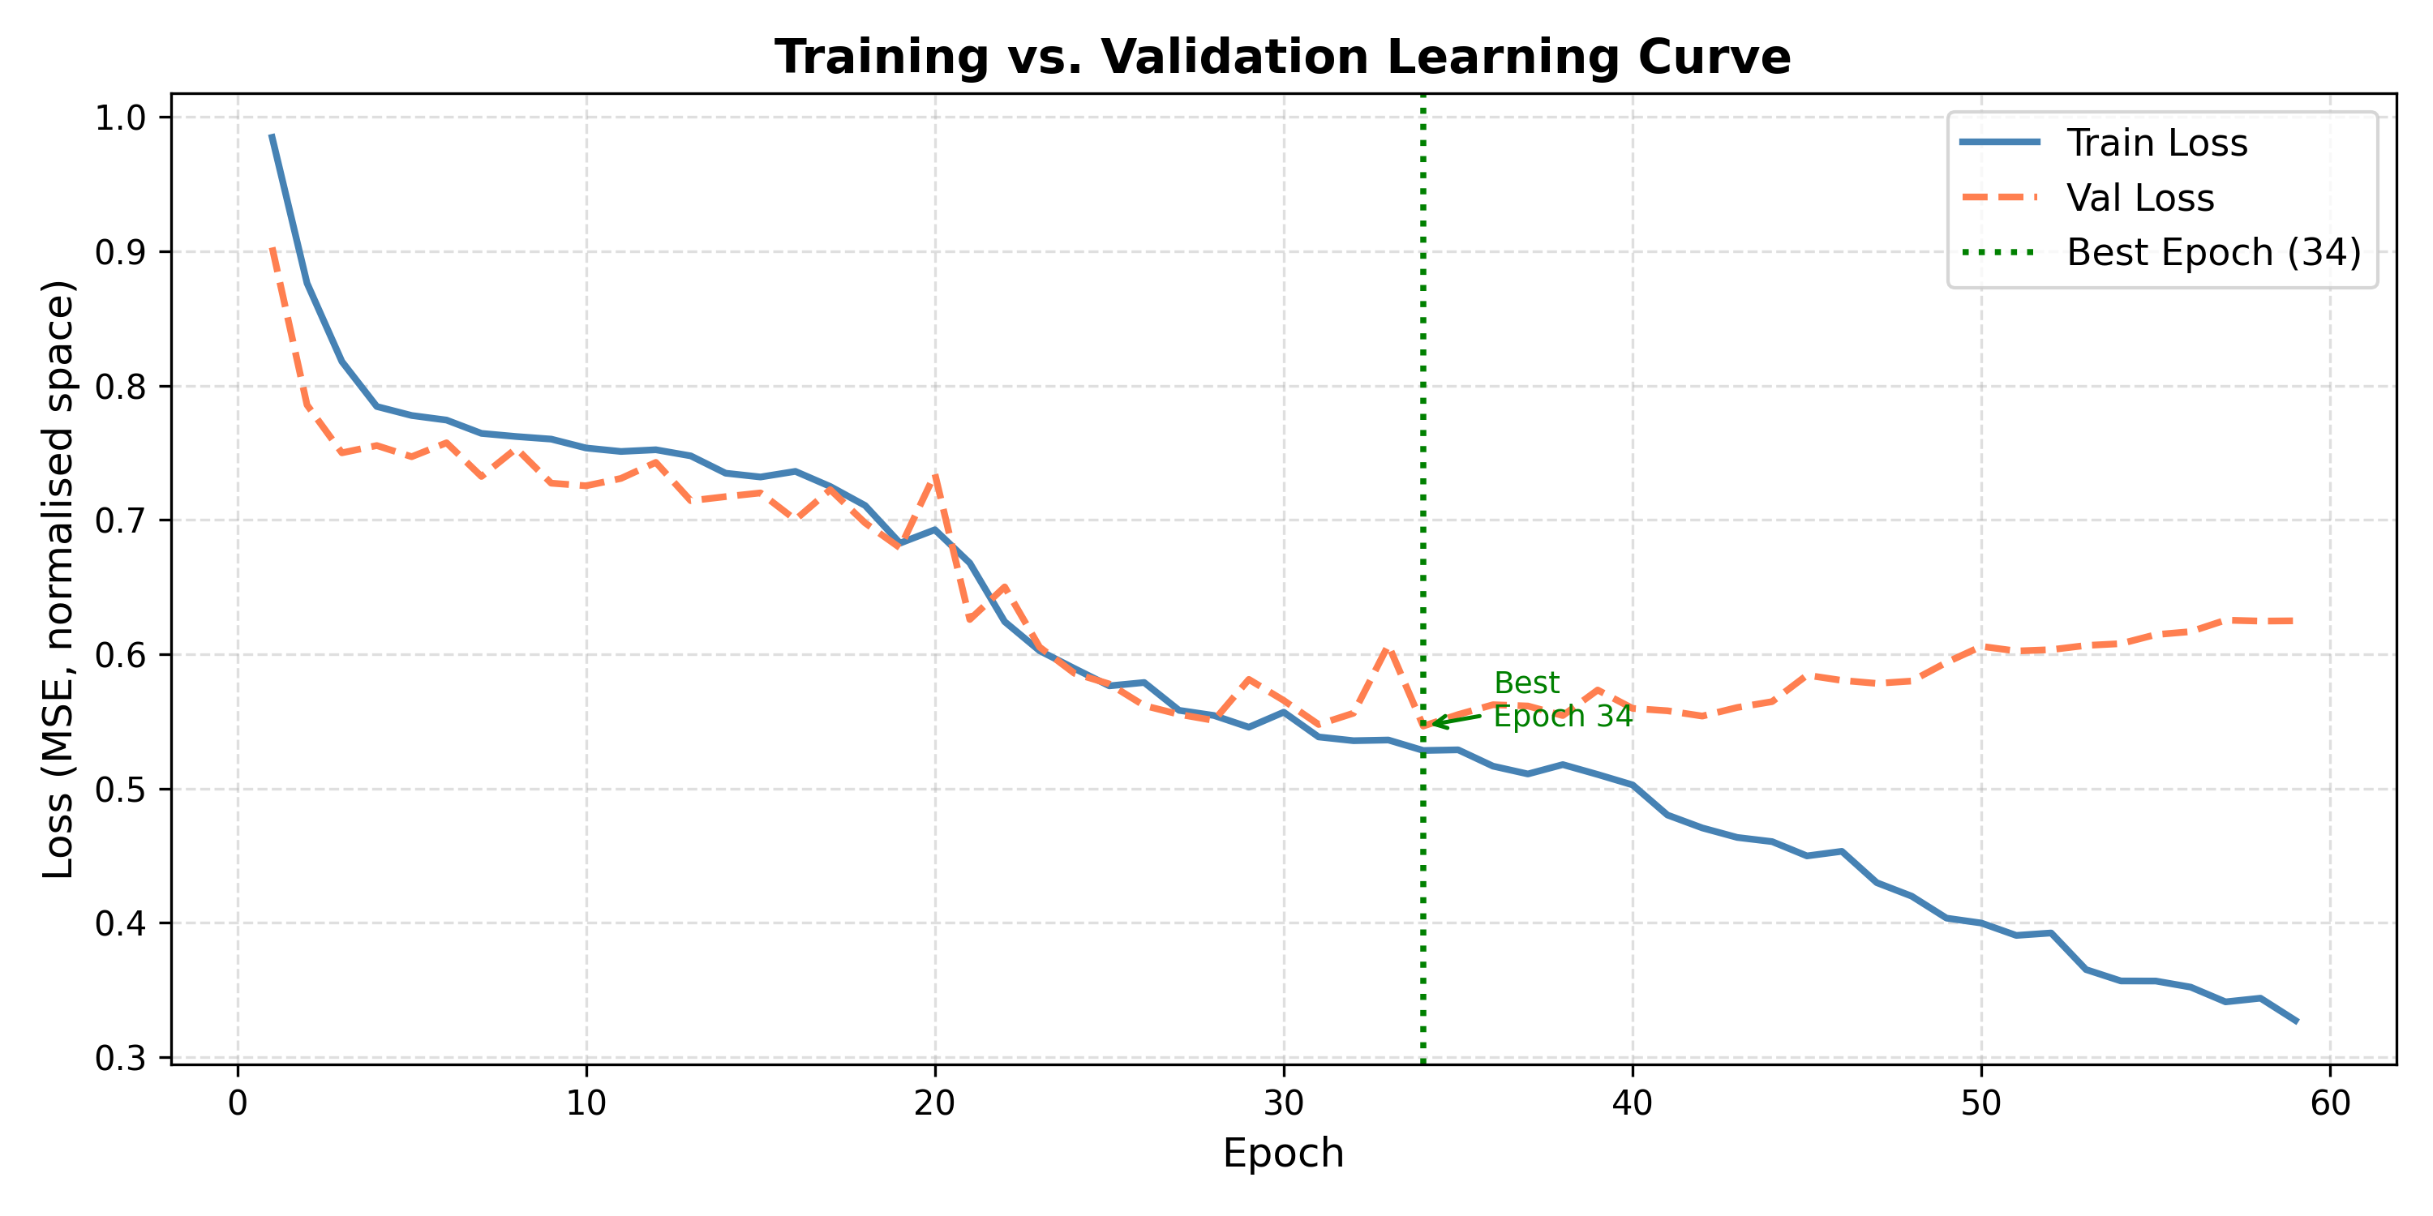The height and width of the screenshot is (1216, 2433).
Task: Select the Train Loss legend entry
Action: pyautogui.click(x=2156, y=143)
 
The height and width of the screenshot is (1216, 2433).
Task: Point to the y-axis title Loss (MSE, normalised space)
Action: pyautogui.click(x=58, y=579)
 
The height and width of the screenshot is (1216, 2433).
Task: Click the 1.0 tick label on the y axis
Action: pyautogui.click(x=120, y=118)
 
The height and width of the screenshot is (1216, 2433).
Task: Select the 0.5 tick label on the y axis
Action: pyautogui.click(x=120, y=790)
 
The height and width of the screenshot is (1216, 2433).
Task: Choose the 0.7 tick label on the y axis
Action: pyautogui.click(x=120, y=520)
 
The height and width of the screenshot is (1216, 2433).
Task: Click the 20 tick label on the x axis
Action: pyautogui.click(x=935, y=1103)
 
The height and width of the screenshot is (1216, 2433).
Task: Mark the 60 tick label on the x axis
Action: pyautogui.click(x=2330, y=1103)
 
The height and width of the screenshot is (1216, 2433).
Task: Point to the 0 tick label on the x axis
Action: pyautogui.click(x=238, y=1103)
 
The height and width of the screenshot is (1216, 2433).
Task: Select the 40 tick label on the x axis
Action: pyautogui.click(x=1632, y=1103)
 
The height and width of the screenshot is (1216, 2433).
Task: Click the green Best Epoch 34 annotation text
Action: pyautogui.click(x=1561, y=700)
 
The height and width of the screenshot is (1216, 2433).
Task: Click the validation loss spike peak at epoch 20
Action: pyautogui.click(x=935, y=475)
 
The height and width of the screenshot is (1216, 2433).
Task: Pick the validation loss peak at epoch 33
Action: pyautogui.click(x=1388, y=648)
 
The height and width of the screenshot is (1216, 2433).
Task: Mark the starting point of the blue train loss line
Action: pyautogui.click(x=272, y=136)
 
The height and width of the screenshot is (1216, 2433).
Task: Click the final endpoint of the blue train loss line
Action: pyautogui.click(x=2296, y=1021)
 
